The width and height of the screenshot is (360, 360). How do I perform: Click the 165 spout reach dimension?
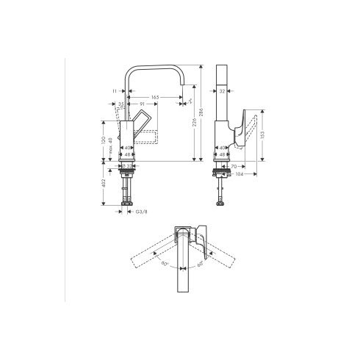[155, 98]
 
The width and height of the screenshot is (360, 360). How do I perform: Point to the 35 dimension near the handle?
[121, 105]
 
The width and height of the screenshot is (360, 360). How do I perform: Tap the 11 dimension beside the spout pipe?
[116, 91]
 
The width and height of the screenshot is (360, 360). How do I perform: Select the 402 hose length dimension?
[103, 184]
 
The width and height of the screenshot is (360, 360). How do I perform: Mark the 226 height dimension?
[192, 123]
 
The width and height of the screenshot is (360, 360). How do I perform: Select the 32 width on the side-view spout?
[222, 91]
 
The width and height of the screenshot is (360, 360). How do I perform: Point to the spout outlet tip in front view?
[181, 103]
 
